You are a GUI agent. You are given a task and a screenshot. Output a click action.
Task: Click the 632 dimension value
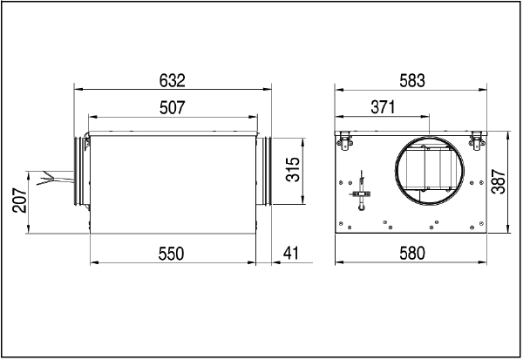click(172, 81)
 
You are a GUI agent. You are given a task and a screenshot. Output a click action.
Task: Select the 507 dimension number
click(172, 108)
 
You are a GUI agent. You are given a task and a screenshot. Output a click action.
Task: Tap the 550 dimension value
click(171, 254)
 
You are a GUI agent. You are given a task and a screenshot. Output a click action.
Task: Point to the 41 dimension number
click(291, 254)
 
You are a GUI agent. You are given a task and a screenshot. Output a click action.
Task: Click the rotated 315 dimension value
click(293, 169)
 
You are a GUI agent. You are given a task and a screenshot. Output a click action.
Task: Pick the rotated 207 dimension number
click(20, 200)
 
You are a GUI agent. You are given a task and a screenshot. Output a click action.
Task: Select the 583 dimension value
click(412, 81)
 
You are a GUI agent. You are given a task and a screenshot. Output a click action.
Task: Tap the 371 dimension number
click(383, 107)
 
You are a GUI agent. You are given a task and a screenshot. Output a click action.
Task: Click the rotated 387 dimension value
click(499, 181)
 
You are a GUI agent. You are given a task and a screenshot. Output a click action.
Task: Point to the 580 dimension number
click(412, 254)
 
